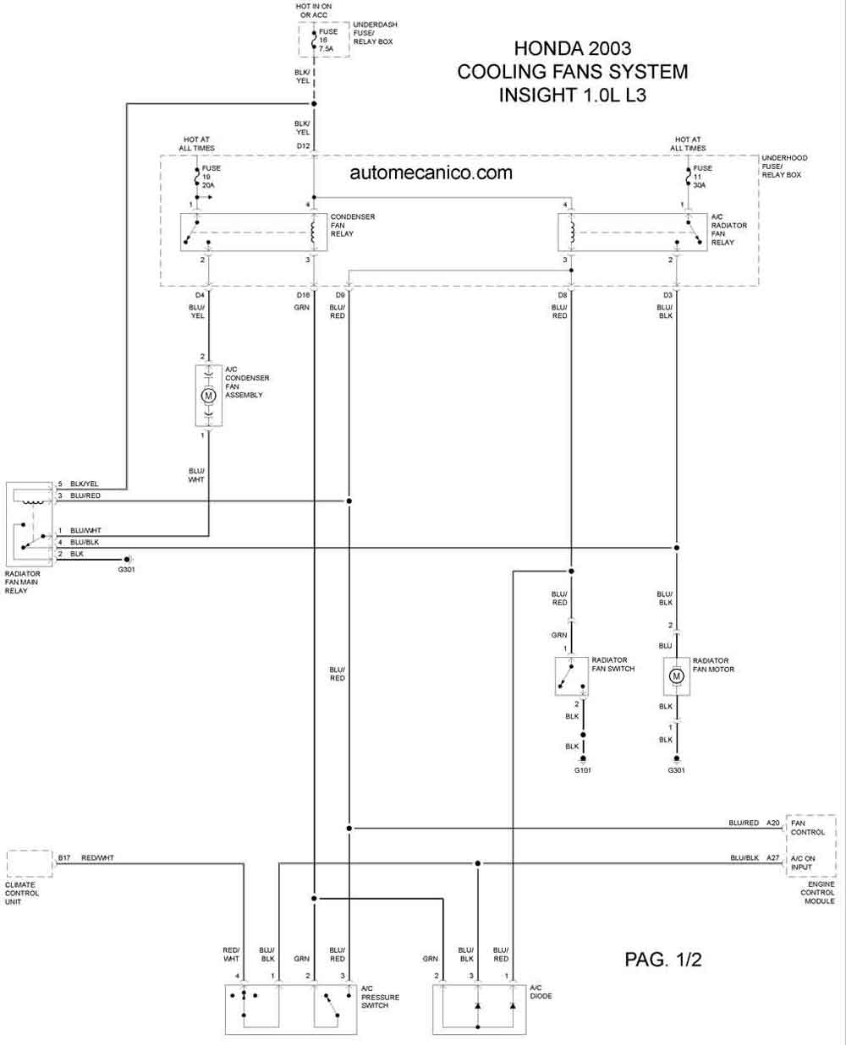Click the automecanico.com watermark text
point(431,172)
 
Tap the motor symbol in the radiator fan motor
point(676,676)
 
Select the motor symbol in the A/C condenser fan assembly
point(208,396)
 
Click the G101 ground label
point(582,769)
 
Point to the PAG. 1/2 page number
point(663,959)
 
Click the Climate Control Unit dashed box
point(30,863)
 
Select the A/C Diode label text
point(541,992)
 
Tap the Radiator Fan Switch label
point(613,665)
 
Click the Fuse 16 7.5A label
point(328,41)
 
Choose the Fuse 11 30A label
point(702,177)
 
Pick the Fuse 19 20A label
point(211,177)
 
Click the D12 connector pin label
point(303,145)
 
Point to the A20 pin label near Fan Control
point(773,823)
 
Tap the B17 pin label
point(64,857)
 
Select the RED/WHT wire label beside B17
point(97,857)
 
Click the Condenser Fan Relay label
point(352,225)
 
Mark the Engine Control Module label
point(817,893)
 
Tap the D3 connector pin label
point(667,295)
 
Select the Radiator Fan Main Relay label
point(22,582)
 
